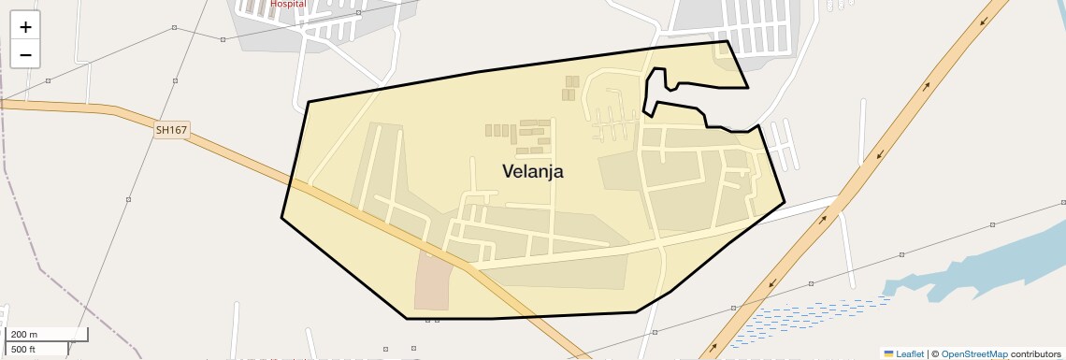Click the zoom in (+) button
(x=25, y=27)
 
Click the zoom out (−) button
(x=25, y=55)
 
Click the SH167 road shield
(x=172, y=131)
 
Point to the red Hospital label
(x=288, y=4)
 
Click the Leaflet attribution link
(x=909, y=353)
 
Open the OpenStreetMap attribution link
(x=973, y=353)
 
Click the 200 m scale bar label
(x=25, y=334)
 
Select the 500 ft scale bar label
(x=24, y=350)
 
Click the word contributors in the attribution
(x=1036, y=353)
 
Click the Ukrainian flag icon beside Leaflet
(x=888, y=353)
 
